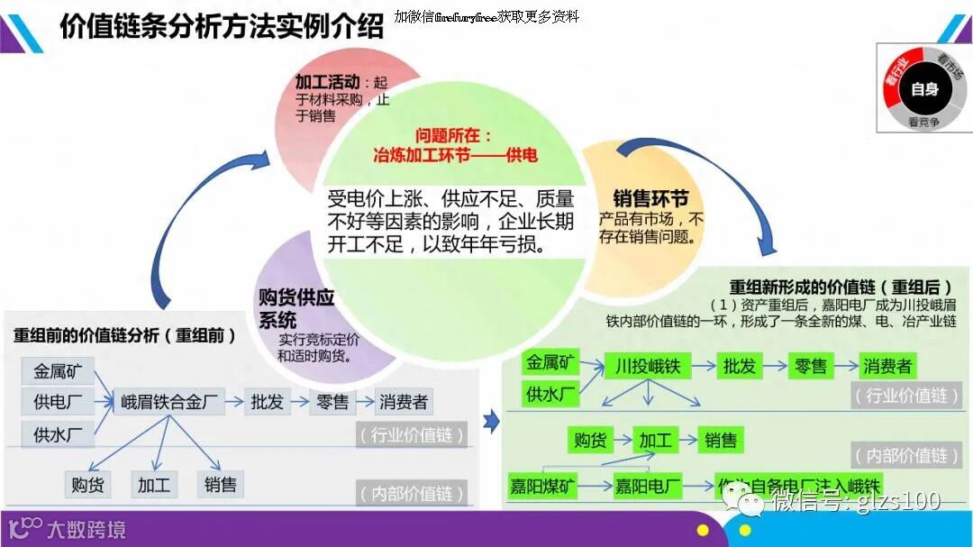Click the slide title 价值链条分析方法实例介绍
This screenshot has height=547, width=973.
pos(222,26)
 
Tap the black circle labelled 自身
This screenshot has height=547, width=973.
pos(924,88)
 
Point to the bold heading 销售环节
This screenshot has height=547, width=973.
pos(650,199)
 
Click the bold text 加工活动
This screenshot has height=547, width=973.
pos(327,82)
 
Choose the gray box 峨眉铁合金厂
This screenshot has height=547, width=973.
pos(170,402)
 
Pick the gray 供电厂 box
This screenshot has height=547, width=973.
pos(58,402)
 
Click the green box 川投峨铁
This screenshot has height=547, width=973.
pos(647,366)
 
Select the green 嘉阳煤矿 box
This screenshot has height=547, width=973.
pos(542,487)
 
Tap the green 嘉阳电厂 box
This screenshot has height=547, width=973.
pos(647,487)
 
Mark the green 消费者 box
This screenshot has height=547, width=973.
pos(887,366)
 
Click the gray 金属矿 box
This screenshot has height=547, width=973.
pos(58,370)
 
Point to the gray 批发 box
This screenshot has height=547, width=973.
pos(267,402)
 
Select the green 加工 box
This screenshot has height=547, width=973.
pos(655,440)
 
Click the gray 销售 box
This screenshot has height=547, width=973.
pos(220,485)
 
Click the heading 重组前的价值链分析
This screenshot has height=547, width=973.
pos(124,335)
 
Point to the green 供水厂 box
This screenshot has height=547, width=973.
pos(551,394)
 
